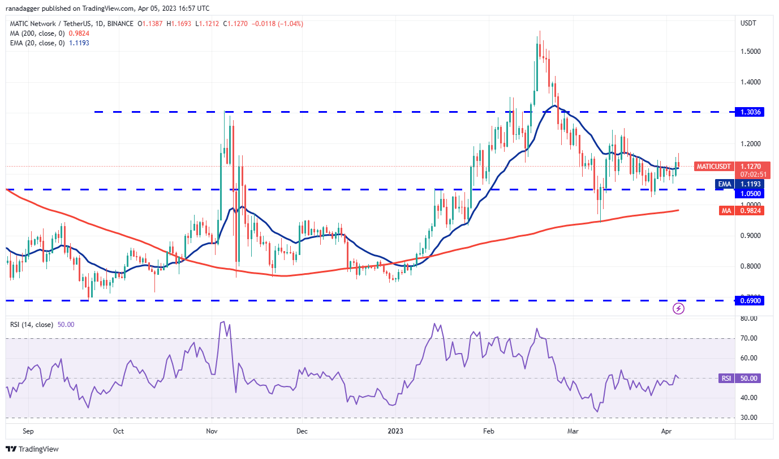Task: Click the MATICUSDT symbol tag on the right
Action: tap(713, 167)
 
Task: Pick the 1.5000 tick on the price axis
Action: tap(750, 52)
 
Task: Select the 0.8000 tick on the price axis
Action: tap(750, 266)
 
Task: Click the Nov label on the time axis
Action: tap(212, 431)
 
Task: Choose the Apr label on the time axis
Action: tap(666, 431)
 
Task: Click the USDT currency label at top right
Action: tap(749, 23)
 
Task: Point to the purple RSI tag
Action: tap(726, 378)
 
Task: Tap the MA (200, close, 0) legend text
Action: tap(37, 33)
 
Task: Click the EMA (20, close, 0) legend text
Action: tap(37, 43)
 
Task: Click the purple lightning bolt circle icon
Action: tap(679, 309)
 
